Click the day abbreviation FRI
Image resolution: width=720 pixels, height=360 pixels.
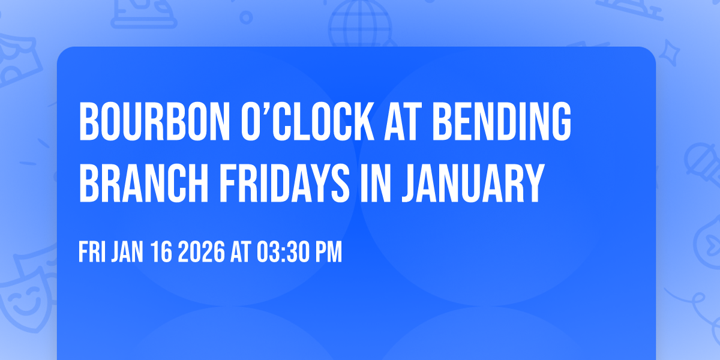(92, 253)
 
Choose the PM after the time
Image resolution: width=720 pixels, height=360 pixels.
(328, 253)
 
